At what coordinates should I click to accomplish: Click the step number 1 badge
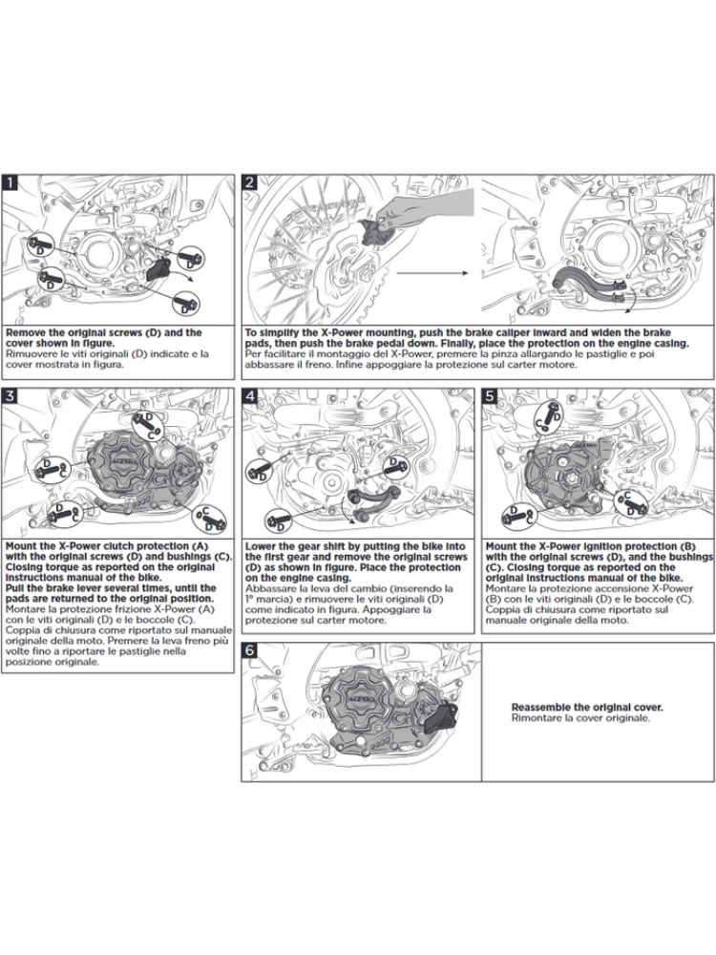11,181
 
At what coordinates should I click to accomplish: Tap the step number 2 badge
250,181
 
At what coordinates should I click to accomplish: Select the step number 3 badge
11,394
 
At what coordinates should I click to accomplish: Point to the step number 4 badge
250,394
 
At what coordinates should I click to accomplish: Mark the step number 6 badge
250,649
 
